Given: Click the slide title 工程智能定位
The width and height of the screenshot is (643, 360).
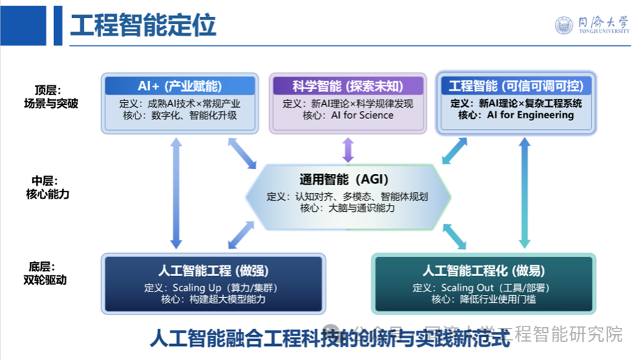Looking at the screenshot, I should [143, 25].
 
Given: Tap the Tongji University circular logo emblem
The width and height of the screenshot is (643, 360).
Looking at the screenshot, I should [564, 26].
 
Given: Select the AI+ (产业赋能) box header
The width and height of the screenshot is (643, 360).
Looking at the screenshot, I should [180, 86].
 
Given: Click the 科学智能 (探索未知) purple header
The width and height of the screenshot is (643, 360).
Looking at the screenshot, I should [347, 86].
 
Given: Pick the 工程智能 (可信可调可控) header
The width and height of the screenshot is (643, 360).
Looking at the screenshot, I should [516, 86].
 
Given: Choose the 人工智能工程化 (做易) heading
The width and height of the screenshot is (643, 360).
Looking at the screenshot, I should [484, 271].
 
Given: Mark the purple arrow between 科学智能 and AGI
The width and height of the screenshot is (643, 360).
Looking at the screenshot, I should [347, 149].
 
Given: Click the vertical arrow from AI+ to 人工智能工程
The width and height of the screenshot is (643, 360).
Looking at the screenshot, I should [176, 192].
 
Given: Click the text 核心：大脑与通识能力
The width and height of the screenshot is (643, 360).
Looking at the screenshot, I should [347, 208].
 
